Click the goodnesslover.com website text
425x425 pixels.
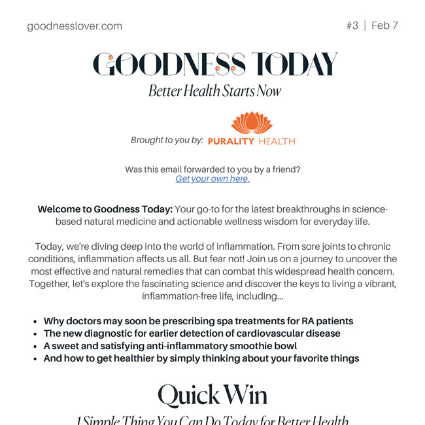coord(75,26)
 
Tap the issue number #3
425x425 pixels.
coord(352,25)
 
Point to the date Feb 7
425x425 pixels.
coord(384,25)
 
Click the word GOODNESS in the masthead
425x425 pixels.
coord(169,64)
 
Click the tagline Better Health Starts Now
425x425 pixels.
coord(214,91)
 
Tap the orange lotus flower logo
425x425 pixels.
coord(251,123)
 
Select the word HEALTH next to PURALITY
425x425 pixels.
coord(277,141)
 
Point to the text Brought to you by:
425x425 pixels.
coord(167,140)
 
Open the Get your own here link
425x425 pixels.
coord(212,178)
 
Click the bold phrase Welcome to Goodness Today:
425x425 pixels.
coord(105,209)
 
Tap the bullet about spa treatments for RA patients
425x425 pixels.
coord(198,321)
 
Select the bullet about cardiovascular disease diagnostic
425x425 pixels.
coord(192,333)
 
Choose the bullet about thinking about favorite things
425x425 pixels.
coord(201,358)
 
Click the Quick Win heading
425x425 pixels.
coord(212,394)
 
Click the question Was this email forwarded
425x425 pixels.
coord(212,169)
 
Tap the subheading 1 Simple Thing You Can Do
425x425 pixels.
coord(212,420)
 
